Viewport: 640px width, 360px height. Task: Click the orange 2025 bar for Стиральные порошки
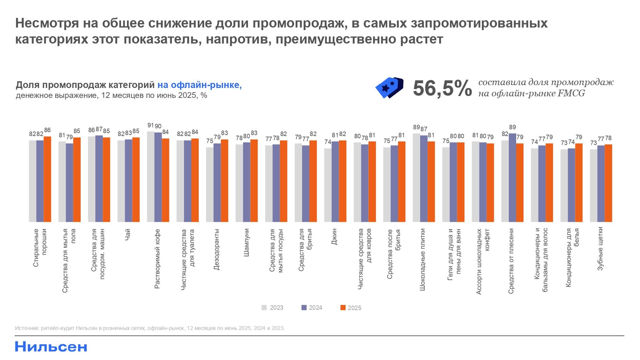47,179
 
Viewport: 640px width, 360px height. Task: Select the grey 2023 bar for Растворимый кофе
150,177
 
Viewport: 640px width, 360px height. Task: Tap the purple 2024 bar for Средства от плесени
512,178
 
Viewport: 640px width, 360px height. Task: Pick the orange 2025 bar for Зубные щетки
608,183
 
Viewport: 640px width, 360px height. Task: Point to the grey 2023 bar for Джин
328,185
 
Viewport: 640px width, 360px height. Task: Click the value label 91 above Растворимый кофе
150,125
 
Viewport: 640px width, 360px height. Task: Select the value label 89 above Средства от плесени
512,127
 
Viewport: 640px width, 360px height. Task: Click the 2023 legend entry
272,308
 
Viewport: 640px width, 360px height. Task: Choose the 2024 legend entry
312,308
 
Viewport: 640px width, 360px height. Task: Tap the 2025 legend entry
350,308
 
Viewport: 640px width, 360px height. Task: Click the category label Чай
128,234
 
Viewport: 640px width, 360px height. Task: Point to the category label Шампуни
246,242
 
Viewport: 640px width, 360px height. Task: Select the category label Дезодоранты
217,249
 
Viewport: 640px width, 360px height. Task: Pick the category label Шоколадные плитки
422,259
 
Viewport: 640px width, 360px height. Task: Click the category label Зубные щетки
601,248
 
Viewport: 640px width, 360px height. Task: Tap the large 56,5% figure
442,88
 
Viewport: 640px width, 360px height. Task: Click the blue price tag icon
389,88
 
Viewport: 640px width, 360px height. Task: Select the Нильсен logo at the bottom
51,347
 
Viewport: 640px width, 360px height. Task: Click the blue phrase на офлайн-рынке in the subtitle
199,85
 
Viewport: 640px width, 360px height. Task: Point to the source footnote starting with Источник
150,328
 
